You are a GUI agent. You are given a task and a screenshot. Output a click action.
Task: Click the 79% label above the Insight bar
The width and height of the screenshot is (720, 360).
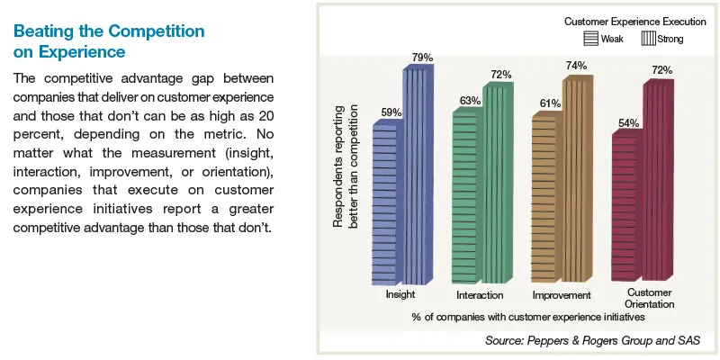pyautogui.click(x=422, y=58)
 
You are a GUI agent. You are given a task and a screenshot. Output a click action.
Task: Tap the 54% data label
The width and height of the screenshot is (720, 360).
pyautogui.click(x=629, y=121)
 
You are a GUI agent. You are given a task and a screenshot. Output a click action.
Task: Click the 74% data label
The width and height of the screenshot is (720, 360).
pyautogui.click(x=577, y=66)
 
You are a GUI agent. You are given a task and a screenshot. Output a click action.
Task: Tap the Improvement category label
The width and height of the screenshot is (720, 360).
pyautogui.click(x=561, y=295)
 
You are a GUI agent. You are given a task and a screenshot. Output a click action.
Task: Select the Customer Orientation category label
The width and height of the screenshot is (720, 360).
pyautogui.click(x=649, y=298)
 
